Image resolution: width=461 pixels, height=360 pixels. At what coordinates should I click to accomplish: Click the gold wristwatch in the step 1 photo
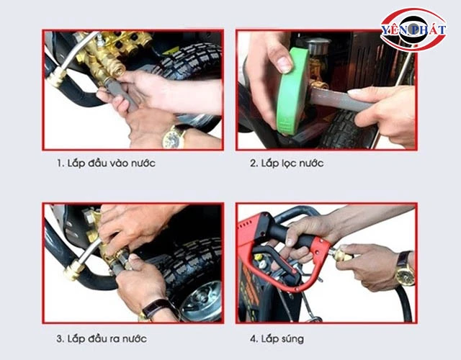[x=174, y=136]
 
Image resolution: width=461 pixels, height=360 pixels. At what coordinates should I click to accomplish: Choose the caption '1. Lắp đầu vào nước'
[x=106, y=163]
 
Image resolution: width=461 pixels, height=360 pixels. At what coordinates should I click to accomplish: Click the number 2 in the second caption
[x=253, y=163]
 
